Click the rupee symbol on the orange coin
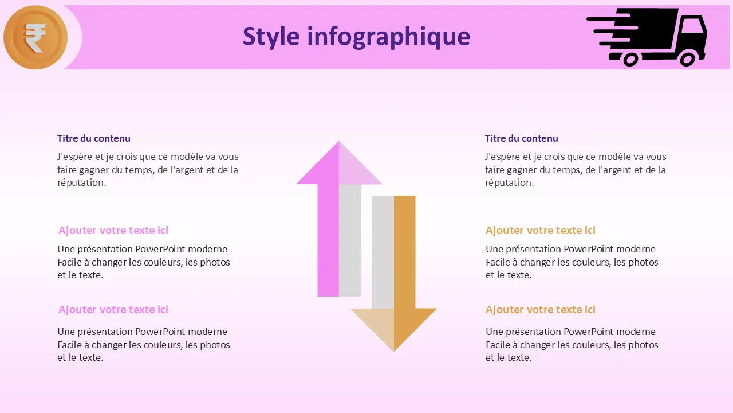pyautogui.click(x=35, y=38)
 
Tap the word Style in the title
pyautogui.click(x=271, y=36)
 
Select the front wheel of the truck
pyautogui.click(x=687, y=59)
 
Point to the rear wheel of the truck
pyautogui.click(x=630, y=59)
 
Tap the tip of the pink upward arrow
pyautogui.click(x=339, y=141)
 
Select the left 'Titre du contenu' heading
pyautogui.click(x=93, y=138)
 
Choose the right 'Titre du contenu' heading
pyautogui.click(x=521, y=138)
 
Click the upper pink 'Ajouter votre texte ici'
pyautogui.click(x=113, y=231)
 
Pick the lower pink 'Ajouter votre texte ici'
pyautogui.click(x=113, y=309)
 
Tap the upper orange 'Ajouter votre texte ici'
pyautogui.click(x=540, y=231)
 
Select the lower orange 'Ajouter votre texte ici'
pyautogui.click(x=540, y=309)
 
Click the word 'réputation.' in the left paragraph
pyautogui.click(x=81, y=182)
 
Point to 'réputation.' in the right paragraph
pyautogui.click(x=509, y=182)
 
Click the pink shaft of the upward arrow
pyautogui.click(x=328, y=240)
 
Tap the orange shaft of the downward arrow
pyautogui.click(x=404, y=252)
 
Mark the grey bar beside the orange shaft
pyautogui.click(x=383, y=252)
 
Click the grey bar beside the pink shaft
pyautogui.click(x=350, y=240)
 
